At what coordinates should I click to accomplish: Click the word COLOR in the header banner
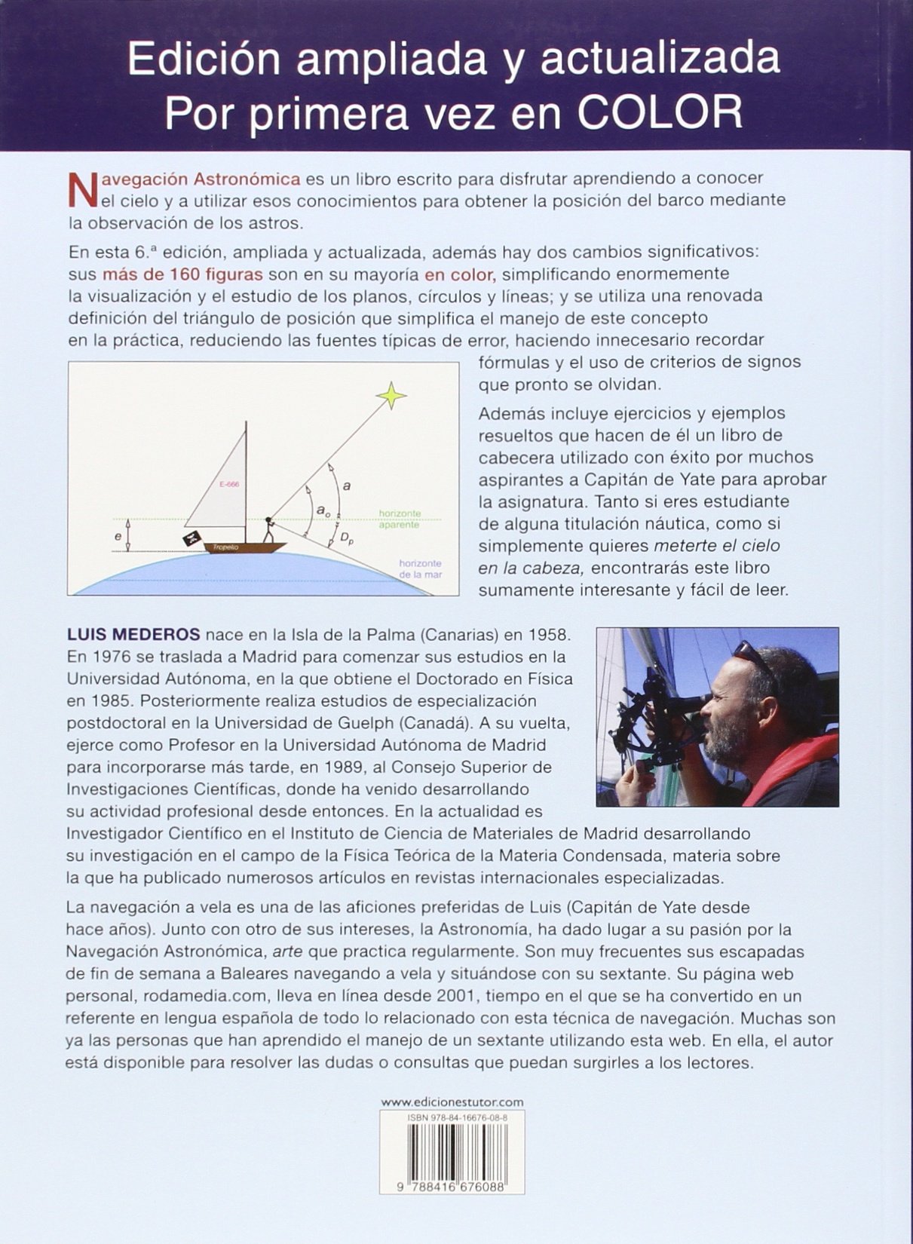point(660,112)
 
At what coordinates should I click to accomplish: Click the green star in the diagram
point(391,394)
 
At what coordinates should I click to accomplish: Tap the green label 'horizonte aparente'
point(400,519)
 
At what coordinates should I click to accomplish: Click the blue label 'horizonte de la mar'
point(420,568)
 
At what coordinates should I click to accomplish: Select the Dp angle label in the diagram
point(348,538)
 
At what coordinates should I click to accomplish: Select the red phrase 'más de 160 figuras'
point(182,274)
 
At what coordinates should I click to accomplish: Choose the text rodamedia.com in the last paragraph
point(202,995)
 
